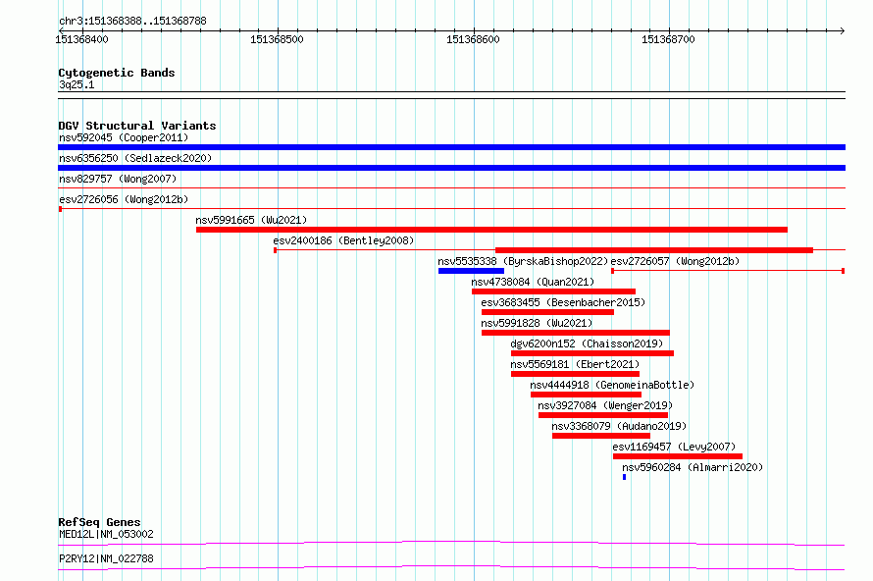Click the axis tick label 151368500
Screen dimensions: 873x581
point(277,39)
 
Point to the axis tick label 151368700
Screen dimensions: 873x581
point(668,39)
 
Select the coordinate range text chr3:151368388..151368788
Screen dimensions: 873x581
point(132,22)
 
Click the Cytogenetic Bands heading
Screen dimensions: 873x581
point(117,73)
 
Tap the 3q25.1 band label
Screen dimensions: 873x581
point(77,84)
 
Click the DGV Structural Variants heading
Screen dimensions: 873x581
point(137,126)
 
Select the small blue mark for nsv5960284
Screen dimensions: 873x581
point(624,477)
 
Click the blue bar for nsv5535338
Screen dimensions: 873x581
point(471,271)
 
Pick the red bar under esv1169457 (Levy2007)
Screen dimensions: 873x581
point(678,456)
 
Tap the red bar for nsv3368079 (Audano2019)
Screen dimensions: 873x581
point(601,436)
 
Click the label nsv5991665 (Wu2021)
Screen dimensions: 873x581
point(251,220)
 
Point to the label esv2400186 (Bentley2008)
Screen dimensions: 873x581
point(343,240)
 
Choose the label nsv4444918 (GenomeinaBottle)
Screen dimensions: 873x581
point(612,385)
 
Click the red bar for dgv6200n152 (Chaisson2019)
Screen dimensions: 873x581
point(592,353)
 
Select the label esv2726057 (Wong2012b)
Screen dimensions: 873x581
point(675,261)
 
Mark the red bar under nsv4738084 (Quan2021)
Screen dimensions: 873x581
point(553,291)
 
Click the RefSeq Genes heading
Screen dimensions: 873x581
point(99,522)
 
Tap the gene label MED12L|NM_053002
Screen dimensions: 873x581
point(106,534)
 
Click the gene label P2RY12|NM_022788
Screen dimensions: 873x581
point(106,558)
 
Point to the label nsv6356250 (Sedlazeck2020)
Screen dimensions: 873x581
point(135,158)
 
